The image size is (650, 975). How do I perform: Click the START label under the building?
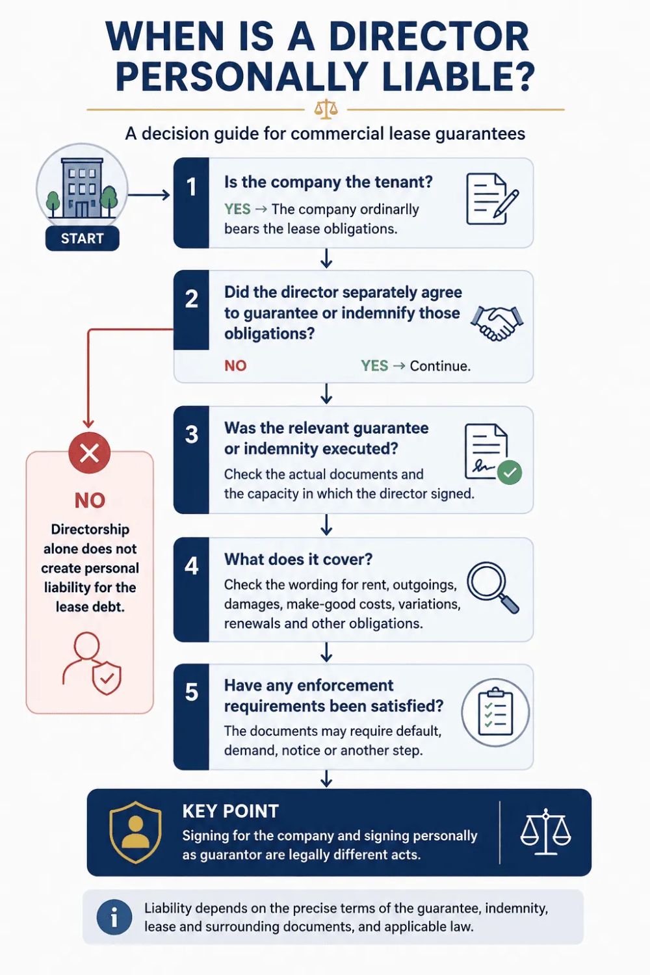point(82,239)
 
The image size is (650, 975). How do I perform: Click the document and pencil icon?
point(492,198)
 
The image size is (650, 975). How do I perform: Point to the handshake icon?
point(497,323)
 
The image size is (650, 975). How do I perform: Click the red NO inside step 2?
point(235,365)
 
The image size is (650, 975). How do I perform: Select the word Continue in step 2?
point(439,365)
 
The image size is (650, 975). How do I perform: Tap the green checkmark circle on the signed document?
point(510,473)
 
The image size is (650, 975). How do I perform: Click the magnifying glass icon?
point(493,588)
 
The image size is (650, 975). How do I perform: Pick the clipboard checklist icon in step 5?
point(495,712)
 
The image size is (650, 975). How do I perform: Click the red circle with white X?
point(90,454)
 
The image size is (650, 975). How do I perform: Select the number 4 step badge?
point(191,590)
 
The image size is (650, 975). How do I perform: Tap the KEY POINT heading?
point(230,811)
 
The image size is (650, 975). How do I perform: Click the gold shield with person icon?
point(136,832)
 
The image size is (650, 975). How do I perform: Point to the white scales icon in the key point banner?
point(545,832)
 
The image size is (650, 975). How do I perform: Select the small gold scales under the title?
point(325,109)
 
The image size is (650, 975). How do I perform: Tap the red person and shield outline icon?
point(92,664)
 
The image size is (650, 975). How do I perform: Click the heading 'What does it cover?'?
point(298,559)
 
